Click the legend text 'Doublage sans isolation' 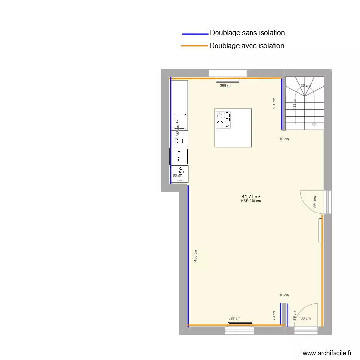point(247,33)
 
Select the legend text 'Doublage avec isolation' point(247,46)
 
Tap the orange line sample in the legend point(194,46)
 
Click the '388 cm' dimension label point(226,86)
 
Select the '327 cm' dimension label point(234,318)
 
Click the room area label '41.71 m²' point(251,196)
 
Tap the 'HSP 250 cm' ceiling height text point(251,201)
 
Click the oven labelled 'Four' point(179,156)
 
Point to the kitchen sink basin point(179,121)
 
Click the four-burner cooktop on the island point(224,120)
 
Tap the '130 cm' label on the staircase point(304,86)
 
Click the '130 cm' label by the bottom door point(304,318)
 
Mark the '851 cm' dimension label point(315,201)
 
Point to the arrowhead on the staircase point(314,124)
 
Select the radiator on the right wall point(320,230)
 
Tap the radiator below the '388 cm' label point(227,81)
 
